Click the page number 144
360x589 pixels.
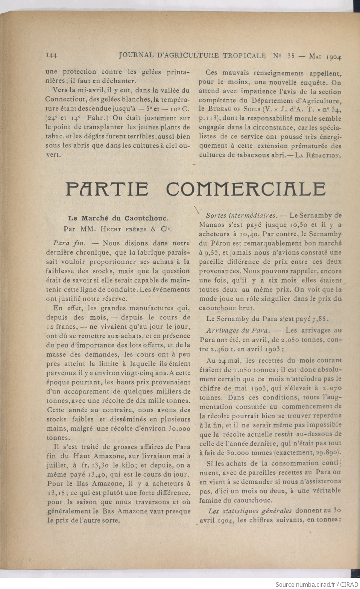[x=51, y=55]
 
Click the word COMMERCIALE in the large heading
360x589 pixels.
[x=246, y=189]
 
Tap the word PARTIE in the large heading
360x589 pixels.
[x=107, y=189]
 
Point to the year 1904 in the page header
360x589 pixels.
[x=334, y=57]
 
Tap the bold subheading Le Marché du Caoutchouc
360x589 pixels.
[x=118, y=217]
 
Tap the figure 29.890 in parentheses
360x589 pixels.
[x=328, y=452]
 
